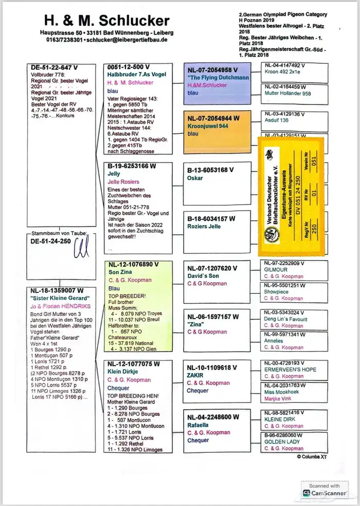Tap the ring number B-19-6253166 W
(x=131, y=167)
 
